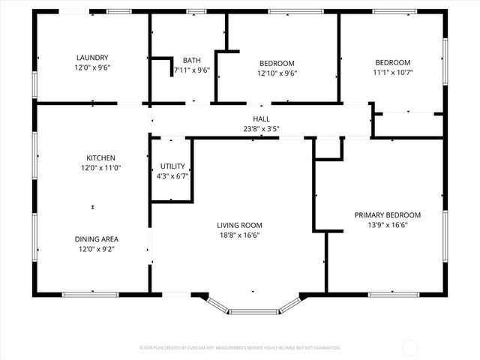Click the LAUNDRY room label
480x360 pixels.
coord(93,58)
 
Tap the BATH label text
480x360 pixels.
coord(191,61)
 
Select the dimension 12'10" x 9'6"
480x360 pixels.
coord(277,73)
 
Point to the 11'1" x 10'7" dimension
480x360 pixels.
coord(393,73)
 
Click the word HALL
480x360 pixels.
coord(261,118)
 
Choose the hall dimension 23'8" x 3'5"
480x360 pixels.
coord(261,128)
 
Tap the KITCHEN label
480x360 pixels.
coord(100,158)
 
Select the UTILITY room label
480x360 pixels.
coord(172,166)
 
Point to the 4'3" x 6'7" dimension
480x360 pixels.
coord(172,176)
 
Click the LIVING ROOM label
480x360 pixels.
coord(238,225)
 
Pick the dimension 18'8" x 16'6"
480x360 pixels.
coord(238,235)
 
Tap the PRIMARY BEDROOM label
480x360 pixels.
coord(387,215)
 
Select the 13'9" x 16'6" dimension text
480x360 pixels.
coord(387,225)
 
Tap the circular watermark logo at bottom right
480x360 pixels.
coord(410,347)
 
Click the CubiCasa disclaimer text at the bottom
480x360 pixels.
coord(240,348)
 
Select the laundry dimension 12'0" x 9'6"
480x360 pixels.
coord(93,68)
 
